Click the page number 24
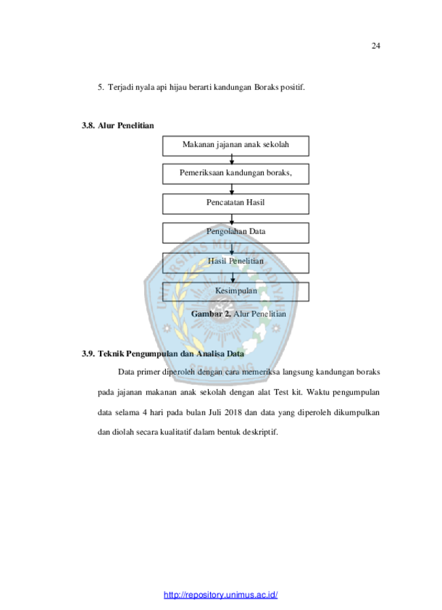tap(375, 46)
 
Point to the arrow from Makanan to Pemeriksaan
tap(232, 160)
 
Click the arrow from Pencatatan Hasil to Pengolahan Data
tap(232, 219)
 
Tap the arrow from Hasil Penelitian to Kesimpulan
tap(233, 277)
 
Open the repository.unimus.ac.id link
tap(220, 595)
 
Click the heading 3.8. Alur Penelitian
tap(118, 125)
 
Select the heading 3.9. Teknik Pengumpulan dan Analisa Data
tap(163, 354)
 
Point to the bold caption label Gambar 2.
tap(211, 314)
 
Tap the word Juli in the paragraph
tap(215, 412)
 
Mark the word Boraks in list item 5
tap(266, 87)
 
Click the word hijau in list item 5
tap(177, 88)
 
